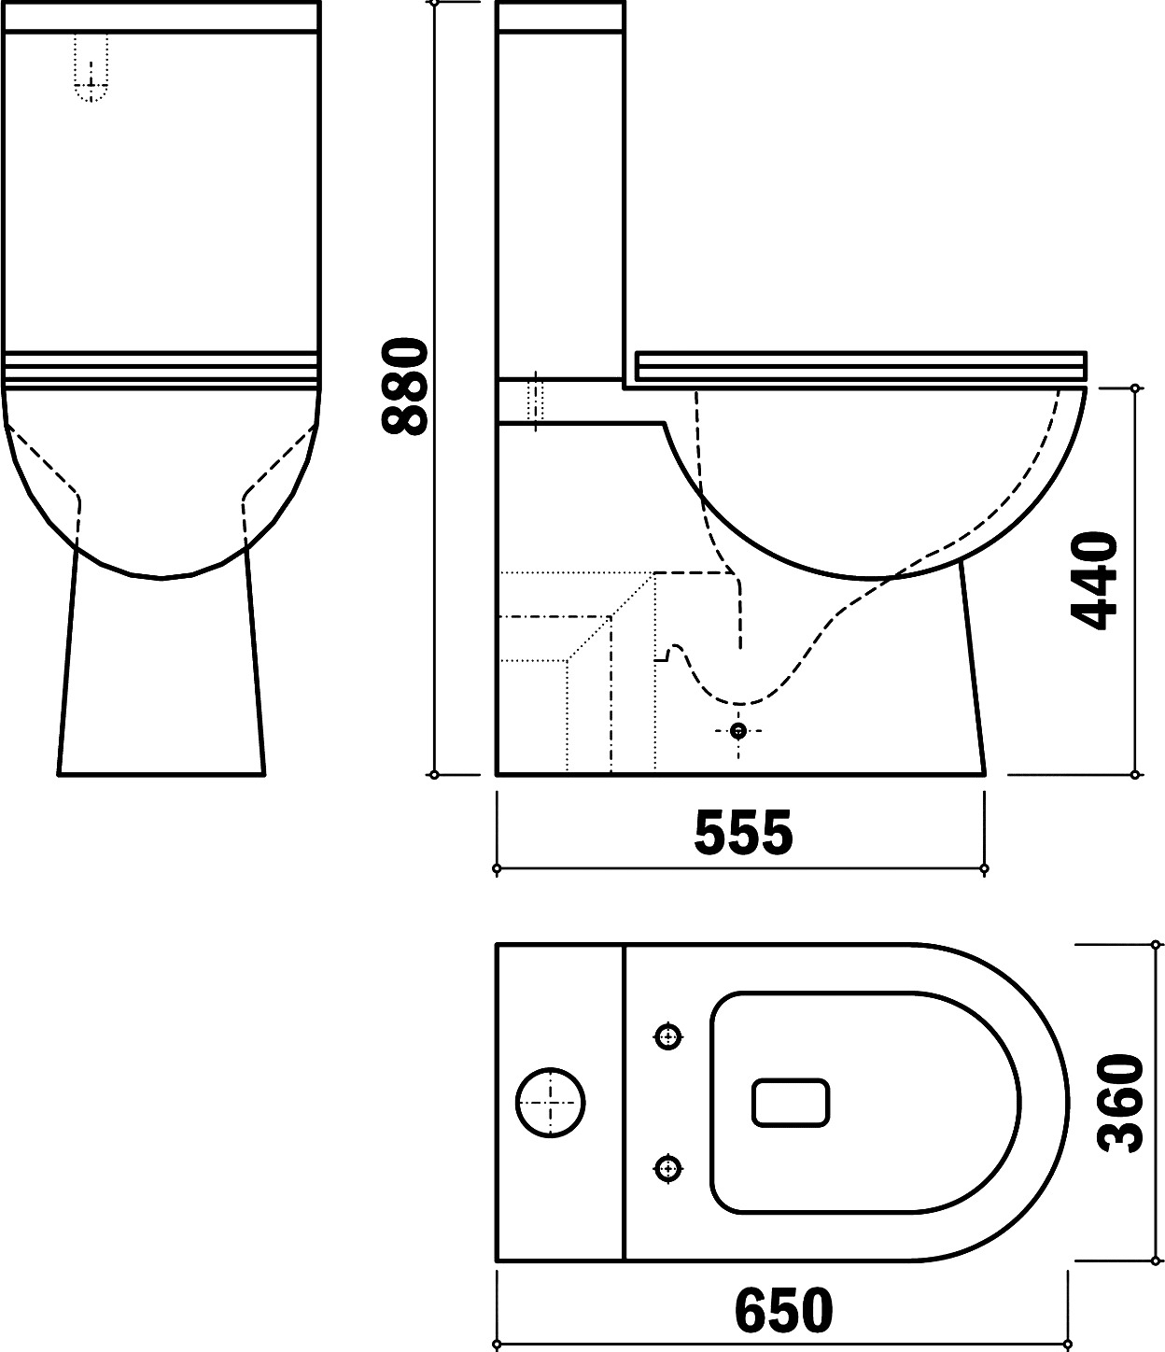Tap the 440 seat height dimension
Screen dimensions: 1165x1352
1093,581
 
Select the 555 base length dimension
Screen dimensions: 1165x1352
743,833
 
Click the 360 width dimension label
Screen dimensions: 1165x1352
1120,1103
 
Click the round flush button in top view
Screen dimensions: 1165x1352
550,1103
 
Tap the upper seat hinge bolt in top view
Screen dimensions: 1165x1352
667,1036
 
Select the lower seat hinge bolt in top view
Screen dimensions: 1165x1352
667,1168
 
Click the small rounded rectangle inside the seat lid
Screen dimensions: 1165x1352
791,1103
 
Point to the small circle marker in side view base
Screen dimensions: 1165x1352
738,730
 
